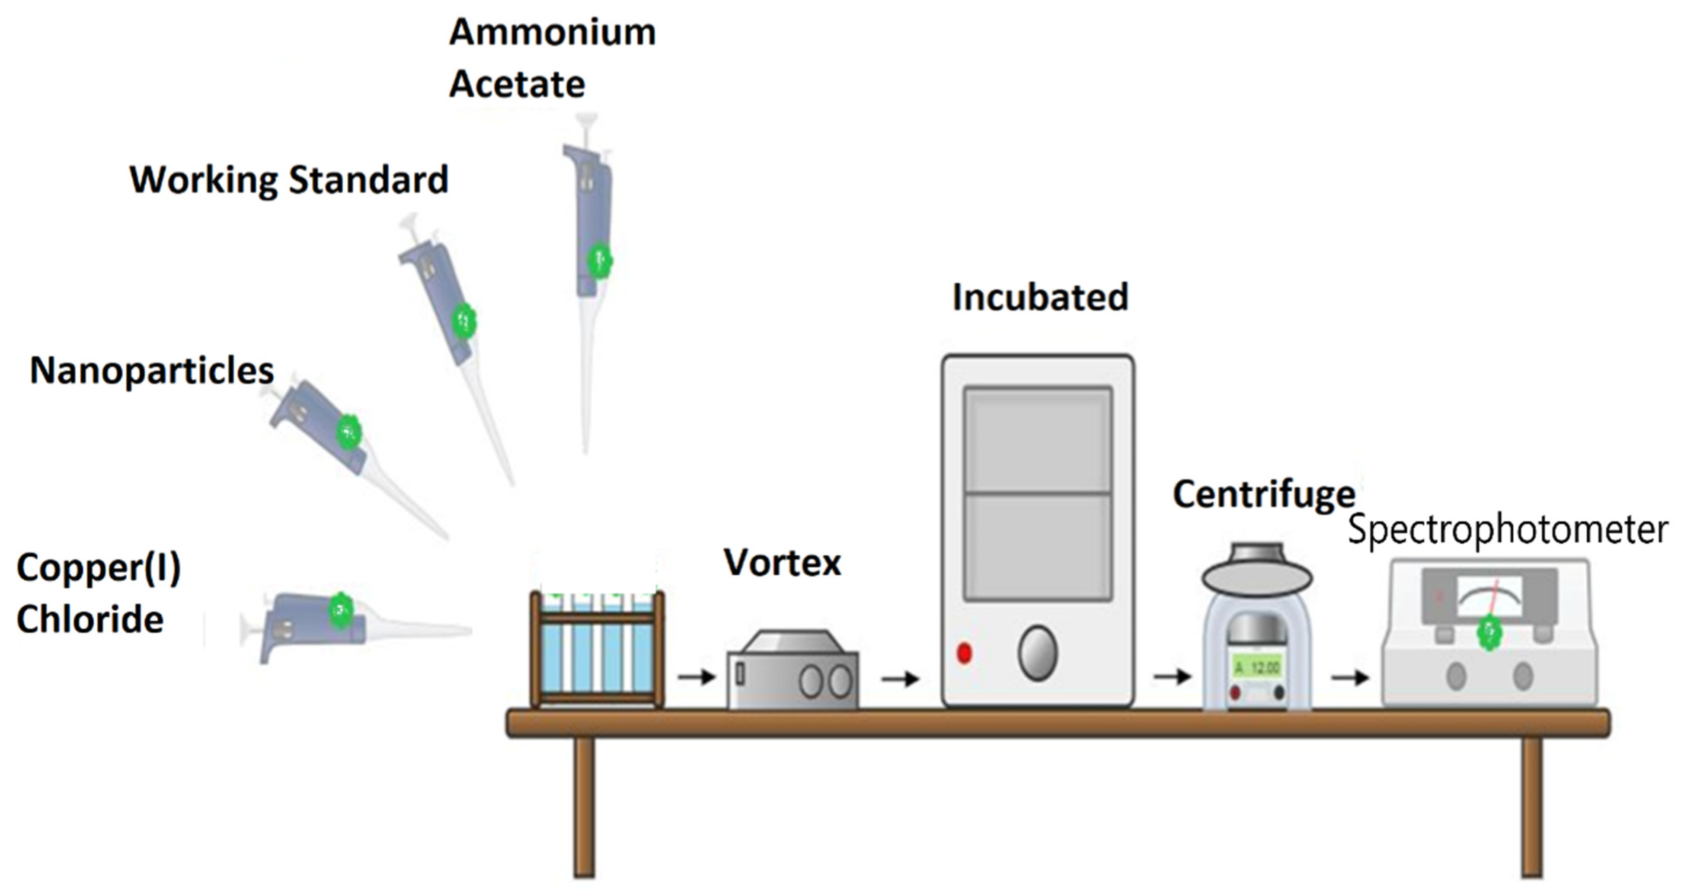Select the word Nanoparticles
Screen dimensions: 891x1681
151,371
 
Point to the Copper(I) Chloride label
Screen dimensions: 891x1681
98,593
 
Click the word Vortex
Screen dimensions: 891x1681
783,563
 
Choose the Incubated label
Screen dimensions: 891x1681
1040,298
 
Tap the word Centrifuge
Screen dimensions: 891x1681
1264,494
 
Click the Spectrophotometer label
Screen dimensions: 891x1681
1508,529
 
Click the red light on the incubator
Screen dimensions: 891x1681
964,653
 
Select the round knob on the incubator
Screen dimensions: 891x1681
1037,653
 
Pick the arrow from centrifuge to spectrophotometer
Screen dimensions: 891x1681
1349,678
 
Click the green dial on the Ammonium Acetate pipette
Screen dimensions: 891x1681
599,260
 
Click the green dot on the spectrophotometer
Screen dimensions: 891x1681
1489,632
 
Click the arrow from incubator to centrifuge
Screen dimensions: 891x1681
1172,676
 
